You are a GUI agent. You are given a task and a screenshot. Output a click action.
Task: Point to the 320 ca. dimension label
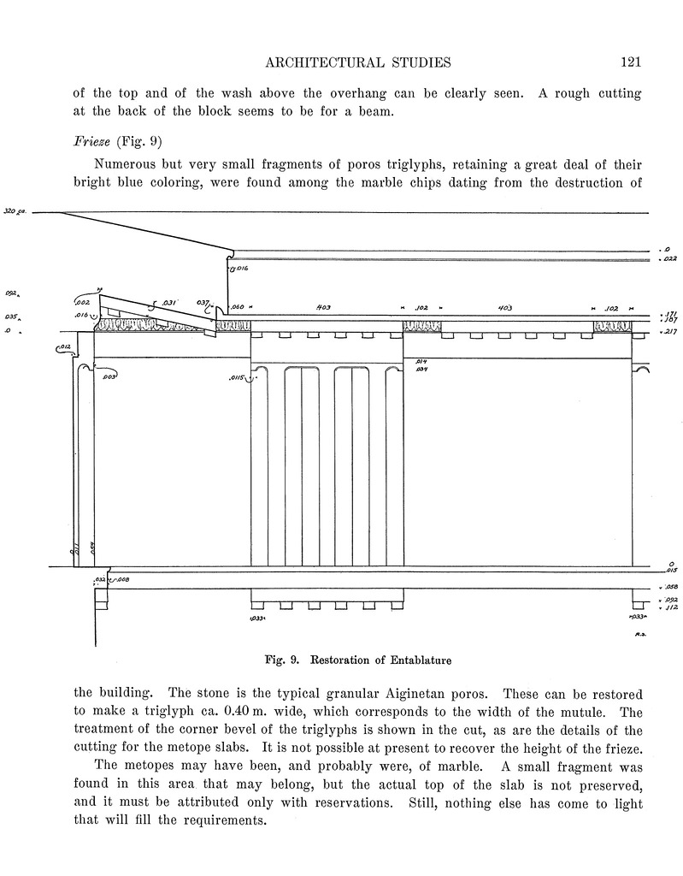coord(16,210)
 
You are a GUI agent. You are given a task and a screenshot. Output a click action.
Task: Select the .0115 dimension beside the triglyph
coord(237,377)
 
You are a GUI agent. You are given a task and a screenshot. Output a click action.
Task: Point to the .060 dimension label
coord(237,306)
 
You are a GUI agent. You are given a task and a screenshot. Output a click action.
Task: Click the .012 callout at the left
coord(64,346)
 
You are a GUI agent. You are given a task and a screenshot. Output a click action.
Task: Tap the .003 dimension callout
coord(109,376)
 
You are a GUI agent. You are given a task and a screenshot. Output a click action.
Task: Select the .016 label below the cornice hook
coord(241,269)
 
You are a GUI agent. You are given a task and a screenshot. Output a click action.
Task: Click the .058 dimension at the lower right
coord(669,587)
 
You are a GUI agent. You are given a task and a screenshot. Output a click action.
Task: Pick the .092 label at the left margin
coord(12,293)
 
